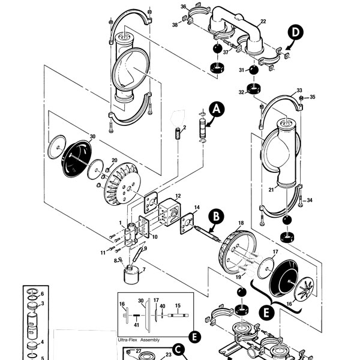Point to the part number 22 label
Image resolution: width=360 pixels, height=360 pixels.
point(263,22)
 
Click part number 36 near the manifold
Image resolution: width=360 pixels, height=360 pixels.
point(184,7)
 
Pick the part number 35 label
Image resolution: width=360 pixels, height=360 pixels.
point(312,97)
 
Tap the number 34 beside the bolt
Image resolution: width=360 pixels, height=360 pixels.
point(310,200)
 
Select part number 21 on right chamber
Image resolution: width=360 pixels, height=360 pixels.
point(271,190)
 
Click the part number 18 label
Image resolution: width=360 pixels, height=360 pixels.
point(241,223)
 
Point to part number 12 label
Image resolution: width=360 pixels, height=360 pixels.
point(178,197)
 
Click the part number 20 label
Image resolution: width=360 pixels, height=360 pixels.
point(114,160)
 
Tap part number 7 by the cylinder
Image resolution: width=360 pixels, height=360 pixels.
point(143,269)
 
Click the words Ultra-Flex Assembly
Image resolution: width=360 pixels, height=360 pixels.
point(139,340)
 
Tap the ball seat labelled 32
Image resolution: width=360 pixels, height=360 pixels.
point(257,92)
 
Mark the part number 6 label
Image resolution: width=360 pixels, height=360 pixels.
point(41,293)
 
